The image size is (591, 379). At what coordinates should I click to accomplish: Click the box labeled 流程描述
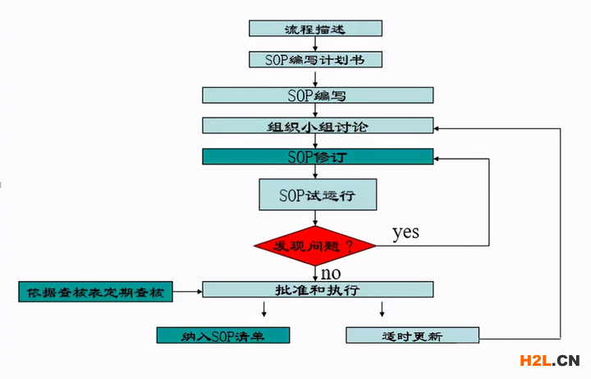pyautogui.click(x=315, y=28)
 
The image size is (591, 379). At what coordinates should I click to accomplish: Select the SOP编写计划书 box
pyautogui.click(x=315, y=59)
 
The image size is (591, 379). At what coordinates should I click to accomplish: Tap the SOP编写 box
pyautogui.click(x=318, y=95)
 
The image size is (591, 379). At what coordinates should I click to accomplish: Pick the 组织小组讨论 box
pyautogui.click(x=318, y=126)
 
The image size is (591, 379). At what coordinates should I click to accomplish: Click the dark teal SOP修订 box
pyautogui.click(x=318, y=156)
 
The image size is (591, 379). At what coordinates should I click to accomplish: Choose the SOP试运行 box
pyautogui.click(x=318, y=195)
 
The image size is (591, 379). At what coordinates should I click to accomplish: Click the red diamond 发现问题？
pyautogui.click(x=315, y=245)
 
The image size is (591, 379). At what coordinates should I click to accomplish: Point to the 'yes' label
pyautogui.click(x=405, y=233)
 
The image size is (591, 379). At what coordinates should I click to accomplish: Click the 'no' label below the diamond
pyautogui.click(x=331, y=272)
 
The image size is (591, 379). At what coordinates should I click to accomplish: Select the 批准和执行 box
pyautogui.click(x=318, y=290)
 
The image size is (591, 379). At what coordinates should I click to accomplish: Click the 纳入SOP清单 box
pyautogui.click(x=223, y=335)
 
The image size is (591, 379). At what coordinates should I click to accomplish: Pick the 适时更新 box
pyautogui.click(x=412, y=335)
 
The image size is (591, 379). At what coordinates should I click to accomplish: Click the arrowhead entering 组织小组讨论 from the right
pyautogui.click(x=439, y=128)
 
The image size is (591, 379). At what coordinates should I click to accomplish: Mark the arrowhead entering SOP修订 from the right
pyautogui.click(x=439, y=158)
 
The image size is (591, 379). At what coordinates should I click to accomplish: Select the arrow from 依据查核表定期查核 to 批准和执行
pyautogui.click(x=187, y=291)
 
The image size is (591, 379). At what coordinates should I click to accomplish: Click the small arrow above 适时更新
pyautogui.click(x=382, y=309)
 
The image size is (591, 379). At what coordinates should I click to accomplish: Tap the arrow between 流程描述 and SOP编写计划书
pyautogui.click(x=315, y=44)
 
